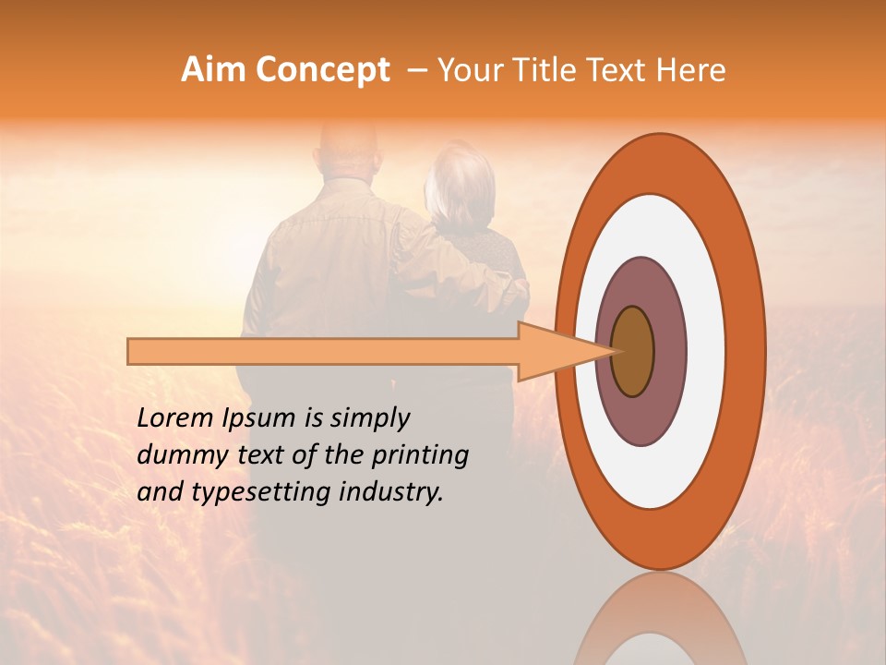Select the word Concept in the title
322,70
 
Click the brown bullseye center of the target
632,352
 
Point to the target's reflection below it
660,619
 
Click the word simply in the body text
369,419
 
